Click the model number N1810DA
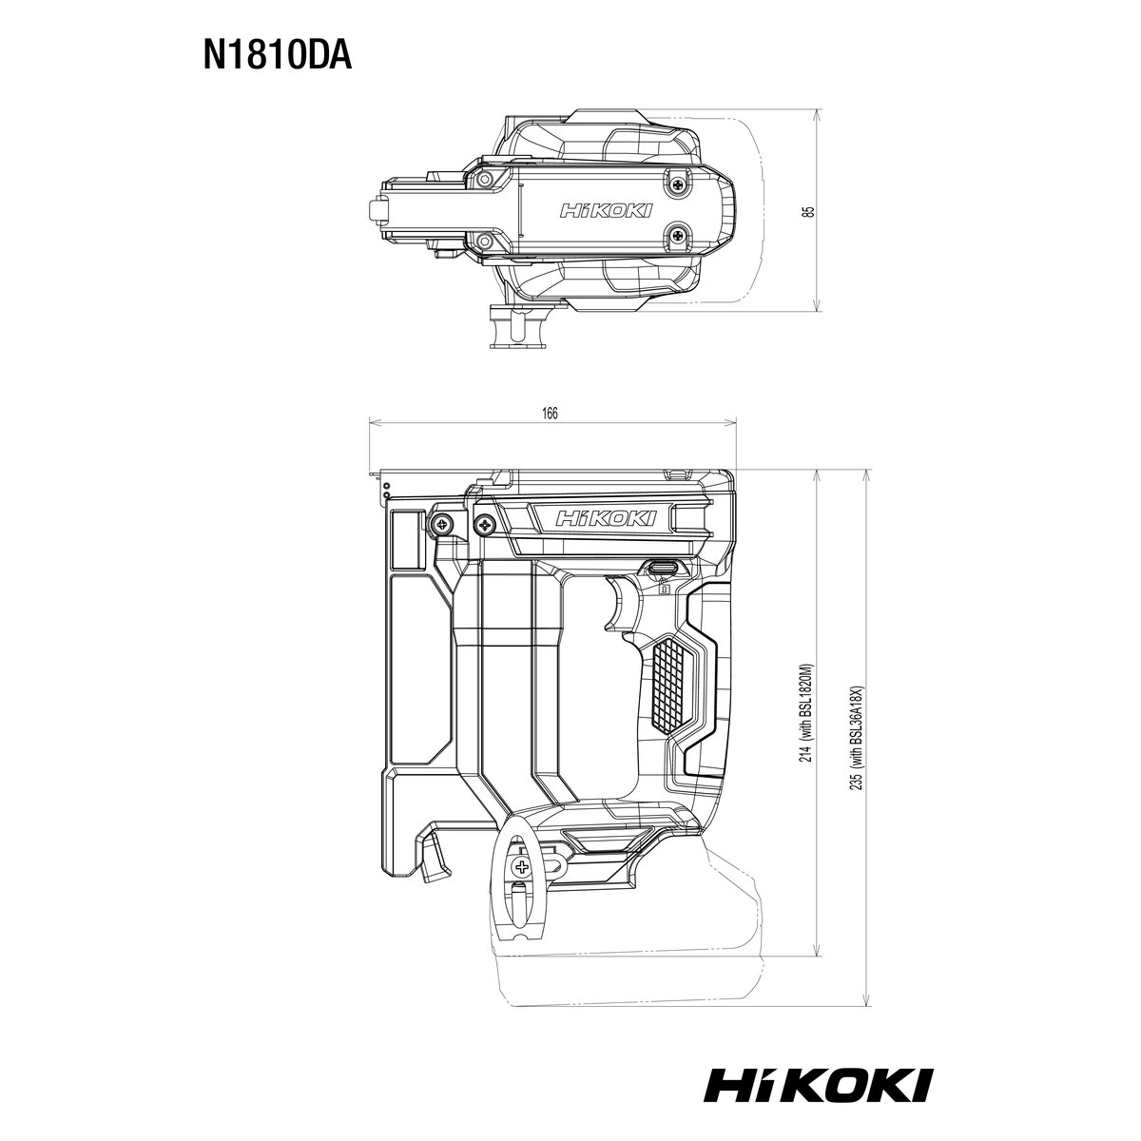click(x=277, y=56)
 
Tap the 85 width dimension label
click(x=811, y=211)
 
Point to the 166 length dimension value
click(x=551, y=413)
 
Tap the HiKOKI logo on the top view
click(x=605, y=211)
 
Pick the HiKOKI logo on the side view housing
click(x=606, y=519)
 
